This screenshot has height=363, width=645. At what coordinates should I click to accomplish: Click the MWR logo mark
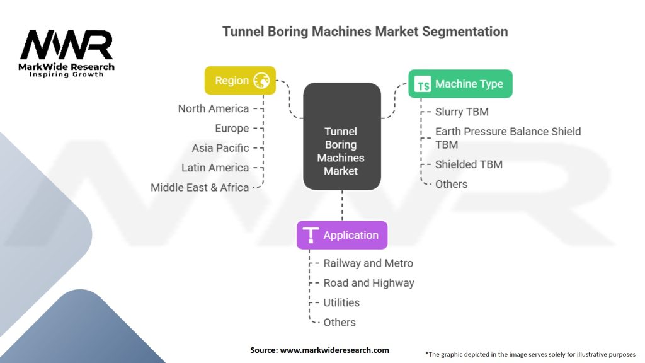pos(66,45)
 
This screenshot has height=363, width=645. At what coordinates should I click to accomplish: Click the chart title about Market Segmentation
pos(365,31)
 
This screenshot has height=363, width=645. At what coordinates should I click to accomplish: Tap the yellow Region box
pos(240,81)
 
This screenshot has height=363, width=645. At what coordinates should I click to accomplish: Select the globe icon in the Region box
pos(261,81)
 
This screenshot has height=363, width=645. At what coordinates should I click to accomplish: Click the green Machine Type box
pos(460,84)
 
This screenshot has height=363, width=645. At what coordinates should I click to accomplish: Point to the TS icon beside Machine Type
pos(424,84)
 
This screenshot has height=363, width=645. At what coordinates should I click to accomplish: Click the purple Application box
pos(342,235)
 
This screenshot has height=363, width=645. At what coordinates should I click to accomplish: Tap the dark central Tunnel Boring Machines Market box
pos(341,151)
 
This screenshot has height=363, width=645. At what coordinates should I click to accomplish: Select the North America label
pos(213,108)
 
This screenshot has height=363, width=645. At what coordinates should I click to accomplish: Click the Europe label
pos(231,128)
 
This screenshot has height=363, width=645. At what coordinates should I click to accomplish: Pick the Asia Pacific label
pos(220,148)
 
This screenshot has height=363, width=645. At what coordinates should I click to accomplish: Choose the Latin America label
pos(215,168)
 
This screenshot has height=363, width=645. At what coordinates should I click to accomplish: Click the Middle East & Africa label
pos(200,187)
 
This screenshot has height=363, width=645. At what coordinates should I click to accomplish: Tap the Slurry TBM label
pos(462,112)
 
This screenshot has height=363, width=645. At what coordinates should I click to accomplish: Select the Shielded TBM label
pos(469,164)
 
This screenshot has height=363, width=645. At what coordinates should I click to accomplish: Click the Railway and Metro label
pos(368,263)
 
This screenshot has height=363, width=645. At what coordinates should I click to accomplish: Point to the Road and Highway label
pos(368,283)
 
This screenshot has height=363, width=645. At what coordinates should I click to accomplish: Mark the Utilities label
pos(341,302)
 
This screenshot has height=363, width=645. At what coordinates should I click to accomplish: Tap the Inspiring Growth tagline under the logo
pos(67,74)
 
